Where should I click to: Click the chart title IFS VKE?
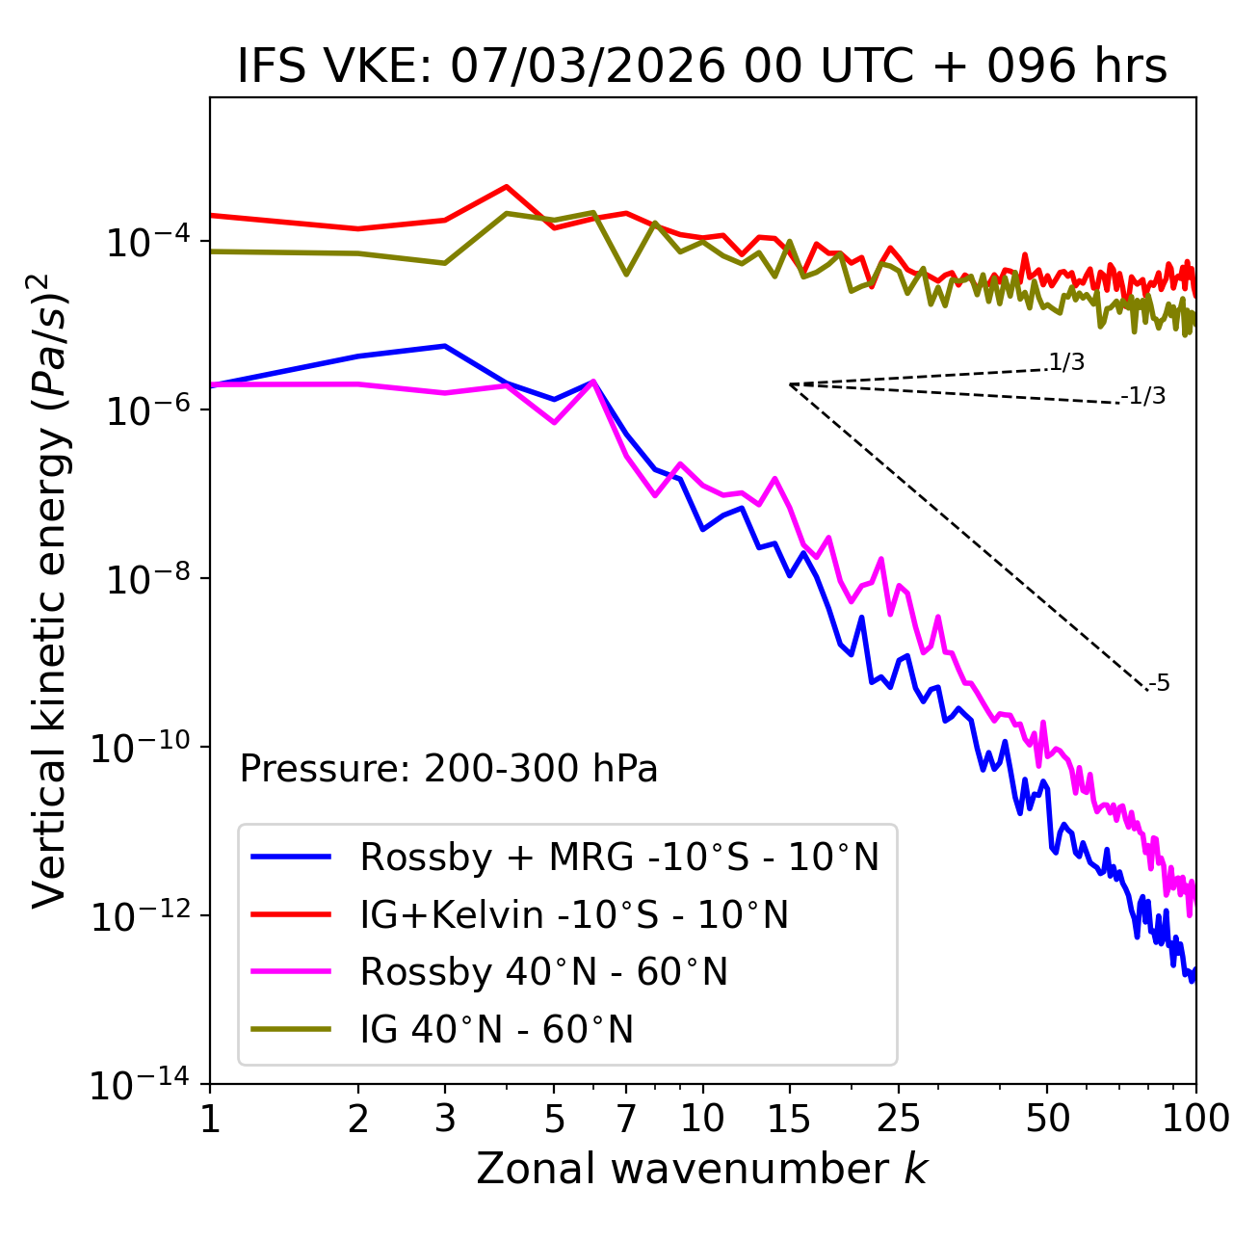pyautogui.click(x=702, y=67)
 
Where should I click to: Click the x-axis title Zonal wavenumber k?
pyautogui.click(x=702, y=1169)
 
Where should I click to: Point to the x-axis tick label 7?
pyautogui.click(x=626, y=1119)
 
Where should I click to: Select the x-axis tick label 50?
pyautogui.click(x=1047, y=1119)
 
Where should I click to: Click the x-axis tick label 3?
pyautogui.click(x=445, y=1119)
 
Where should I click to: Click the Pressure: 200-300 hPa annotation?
pyautogui.click(x=449, y=769)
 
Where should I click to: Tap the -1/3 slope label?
pyautogui.click(x=1143, y=396)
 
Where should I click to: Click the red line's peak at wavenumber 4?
pyautogui.click(x=507, y=187)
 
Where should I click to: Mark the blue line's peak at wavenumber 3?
pyautogui.click(x=444, y=346)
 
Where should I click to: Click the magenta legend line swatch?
pyautogui.click(x=291, y=972)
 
